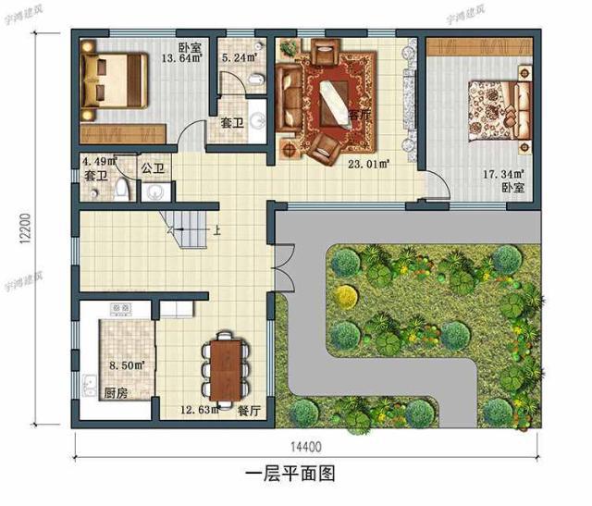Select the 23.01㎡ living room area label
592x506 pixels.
pos(368,164)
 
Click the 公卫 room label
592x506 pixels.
pos(153,168)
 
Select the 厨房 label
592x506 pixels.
pos(116,391)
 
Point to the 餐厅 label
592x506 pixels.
pos(248,409)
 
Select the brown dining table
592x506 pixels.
pos(226,369)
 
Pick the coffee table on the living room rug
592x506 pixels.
pos(332,99)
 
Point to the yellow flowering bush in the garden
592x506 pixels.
pos(346,297)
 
